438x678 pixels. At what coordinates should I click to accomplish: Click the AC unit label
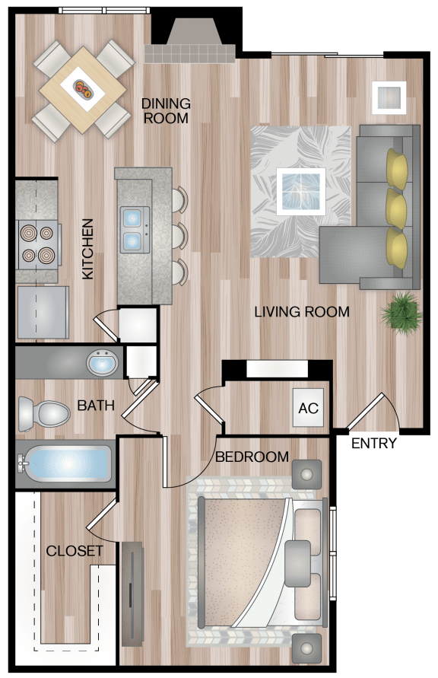point(309,408)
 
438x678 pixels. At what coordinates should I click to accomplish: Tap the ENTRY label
point(373,443)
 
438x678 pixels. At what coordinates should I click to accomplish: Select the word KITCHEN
point(87,249)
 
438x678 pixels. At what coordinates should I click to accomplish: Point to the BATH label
point(96,406)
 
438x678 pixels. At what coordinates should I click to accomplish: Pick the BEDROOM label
point(252,457)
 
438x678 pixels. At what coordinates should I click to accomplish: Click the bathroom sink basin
point(102,363)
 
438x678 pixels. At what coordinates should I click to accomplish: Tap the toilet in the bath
point(43,414)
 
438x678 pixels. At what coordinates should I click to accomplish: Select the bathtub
point(64,465)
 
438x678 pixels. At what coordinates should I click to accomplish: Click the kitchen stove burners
point(38,244)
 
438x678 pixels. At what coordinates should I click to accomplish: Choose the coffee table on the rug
point(301,192)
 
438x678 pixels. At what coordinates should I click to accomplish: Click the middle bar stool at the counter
point(179,236)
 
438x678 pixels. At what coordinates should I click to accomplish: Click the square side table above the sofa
point(389,97)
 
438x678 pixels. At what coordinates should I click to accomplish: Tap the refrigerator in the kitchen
point(43,312)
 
